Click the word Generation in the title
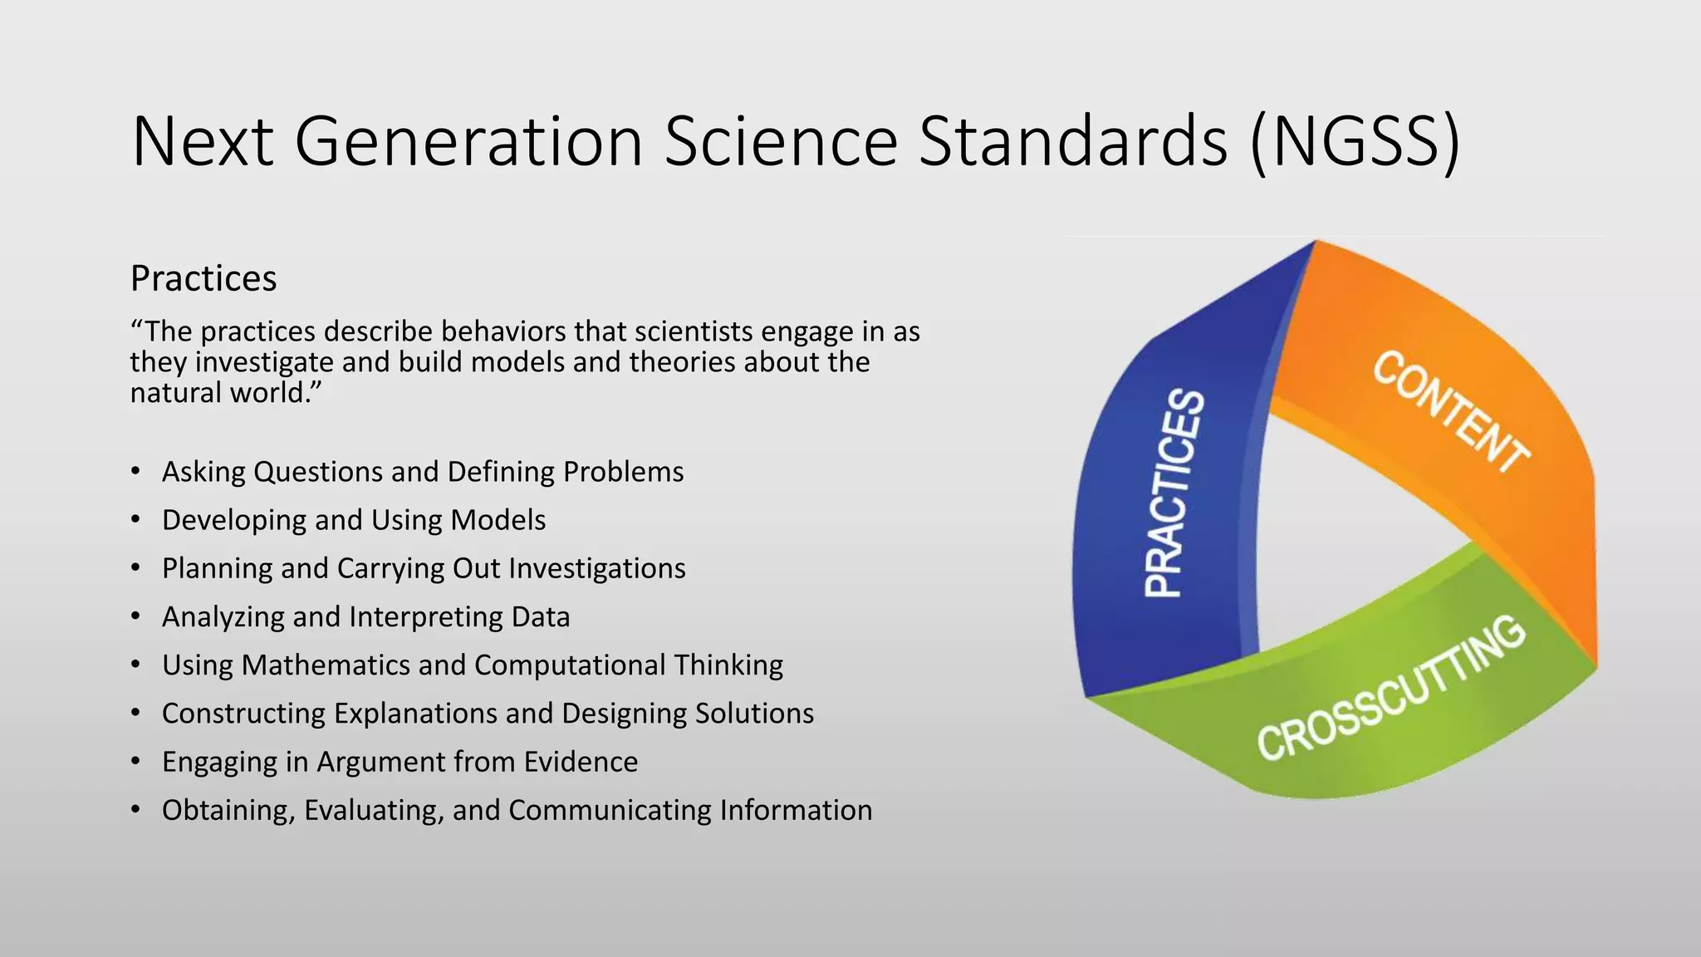pyautogui.click(x=468, y=141)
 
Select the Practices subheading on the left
pyautogui.click(x=203, y=278)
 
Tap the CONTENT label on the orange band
pyautogui.click(x=1449, y=411)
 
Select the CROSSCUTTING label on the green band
pyautogui.click(x=1391, y=690)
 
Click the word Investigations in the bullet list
pyautogui.click(x=597, y=568)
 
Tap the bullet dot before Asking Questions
pyautogui.click(x=135, y=472)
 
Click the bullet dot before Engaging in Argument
pyautogui.click(x=135, y=762)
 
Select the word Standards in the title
pyautogui.click(x=1072, y=141)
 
